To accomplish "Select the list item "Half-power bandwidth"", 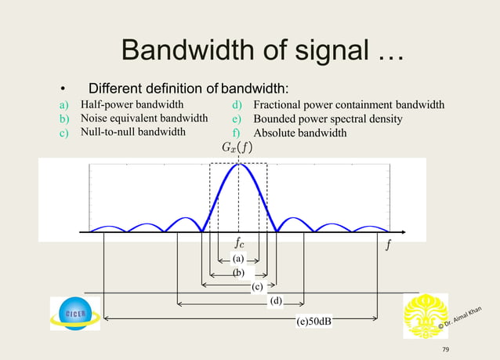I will click(132, 104).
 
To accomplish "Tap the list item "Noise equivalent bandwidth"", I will click(144, 118).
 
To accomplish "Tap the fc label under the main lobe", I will click(242, 244).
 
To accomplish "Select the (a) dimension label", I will click(239, 258).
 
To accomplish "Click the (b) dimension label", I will click(239, 272).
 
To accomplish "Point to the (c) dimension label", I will click(257, 287).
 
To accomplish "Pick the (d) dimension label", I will click(275, 300).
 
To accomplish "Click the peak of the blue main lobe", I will click(238, 163).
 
